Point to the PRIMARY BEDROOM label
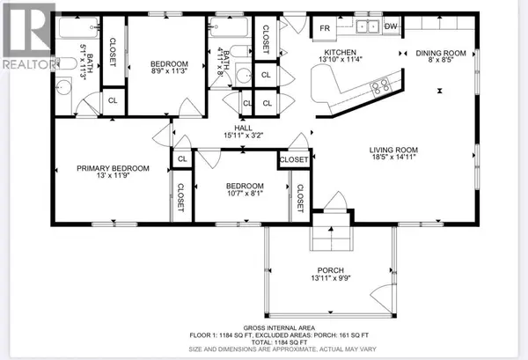(x=112, y=167)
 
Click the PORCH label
(x=321, y=270)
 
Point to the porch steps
(x=327, y=236)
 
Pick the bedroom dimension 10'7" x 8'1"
(x=241, y=195)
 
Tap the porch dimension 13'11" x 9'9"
(x=321, y=280)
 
